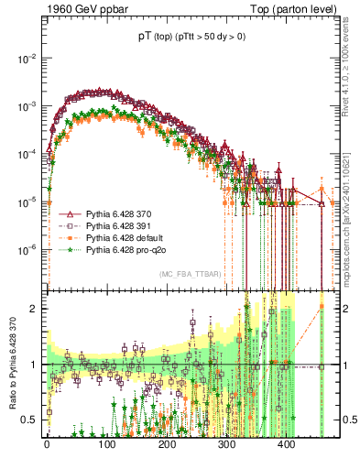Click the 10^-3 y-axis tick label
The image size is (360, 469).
(27, 106)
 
